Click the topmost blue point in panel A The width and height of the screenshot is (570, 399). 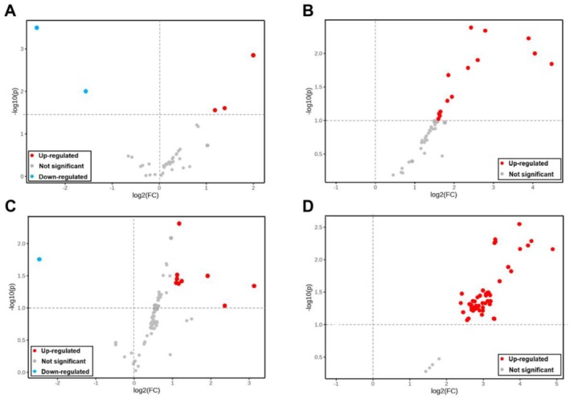tap(36, 27)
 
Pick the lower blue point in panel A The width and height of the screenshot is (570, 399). tap(86, 91)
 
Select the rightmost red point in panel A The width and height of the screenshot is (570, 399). tap(253, 55)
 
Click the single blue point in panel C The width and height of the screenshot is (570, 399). tap(39, 259)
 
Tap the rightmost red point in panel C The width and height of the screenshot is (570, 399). tap(254, 286)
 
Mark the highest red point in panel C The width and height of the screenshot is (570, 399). tap(179, 223)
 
